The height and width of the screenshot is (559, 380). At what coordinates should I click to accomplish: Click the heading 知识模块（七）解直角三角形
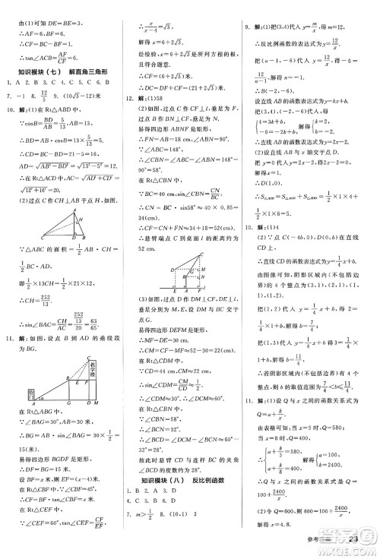[x=61, y=72]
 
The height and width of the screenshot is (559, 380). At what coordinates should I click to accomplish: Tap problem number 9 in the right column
[x=247, y=6]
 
